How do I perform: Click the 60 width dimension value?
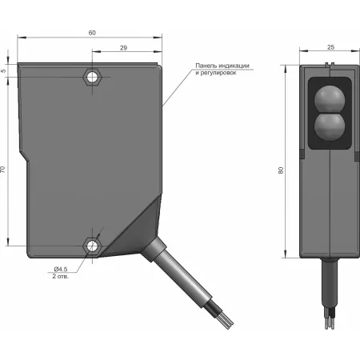coord(92,33)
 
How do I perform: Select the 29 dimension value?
coord(123,48)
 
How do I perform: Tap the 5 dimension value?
coord(3,71)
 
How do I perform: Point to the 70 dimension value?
coord(2,170)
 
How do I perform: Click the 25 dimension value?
coord(330,47)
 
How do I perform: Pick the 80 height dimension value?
coord(281,170)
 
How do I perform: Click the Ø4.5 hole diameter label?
coord(61,269)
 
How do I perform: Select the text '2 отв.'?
coord(61,276)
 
